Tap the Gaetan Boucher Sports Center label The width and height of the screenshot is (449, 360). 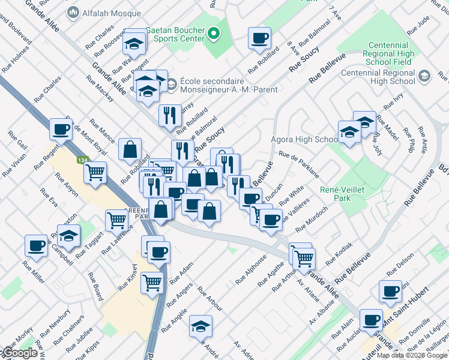point(171,35)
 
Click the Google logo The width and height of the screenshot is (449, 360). point(19,353)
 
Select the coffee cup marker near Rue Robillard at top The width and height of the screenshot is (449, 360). point(259,38)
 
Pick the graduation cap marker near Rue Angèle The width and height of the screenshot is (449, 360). point(200,326)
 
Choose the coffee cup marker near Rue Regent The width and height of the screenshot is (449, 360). point(61,128)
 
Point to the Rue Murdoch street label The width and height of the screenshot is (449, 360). point(316,217)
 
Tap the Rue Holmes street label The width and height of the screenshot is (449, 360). point(15,60)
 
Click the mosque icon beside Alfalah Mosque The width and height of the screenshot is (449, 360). point(73,12)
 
